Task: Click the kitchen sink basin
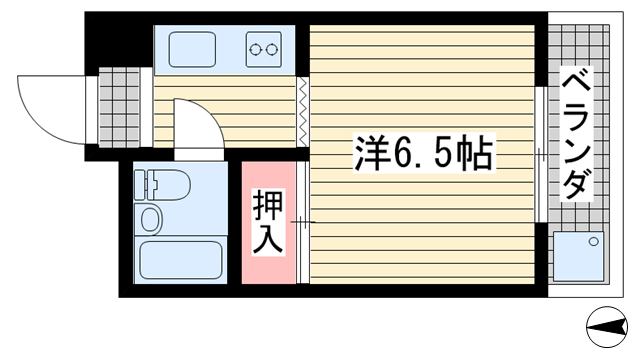[x=192, y=49]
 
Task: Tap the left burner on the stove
[x=255, y=50]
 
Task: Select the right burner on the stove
[x=271, y=50]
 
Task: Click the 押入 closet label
[x=268, y=222]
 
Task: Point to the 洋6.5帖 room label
[x=424, y=153]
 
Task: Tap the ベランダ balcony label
[x=576, y=134]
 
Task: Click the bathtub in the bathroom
[x=181, y=260]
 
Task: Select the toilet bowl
[x=169, y=185]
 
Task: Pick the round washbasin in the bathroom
[x=150, y=219]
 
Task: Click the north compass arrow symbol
[x=607, y=327]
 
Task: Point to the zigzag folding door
[x=302, y=111]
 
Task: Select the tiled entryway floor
[x=119, y=107]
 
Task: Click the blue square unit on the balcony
[x=578, y=256]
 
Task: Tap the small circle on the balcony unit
[x=594, y=241]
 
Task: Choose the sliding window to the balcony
[x=540, y=155]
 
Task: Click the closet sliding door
[x=302, y=222]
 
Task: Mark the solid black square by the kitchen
[x=119, y=39]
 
